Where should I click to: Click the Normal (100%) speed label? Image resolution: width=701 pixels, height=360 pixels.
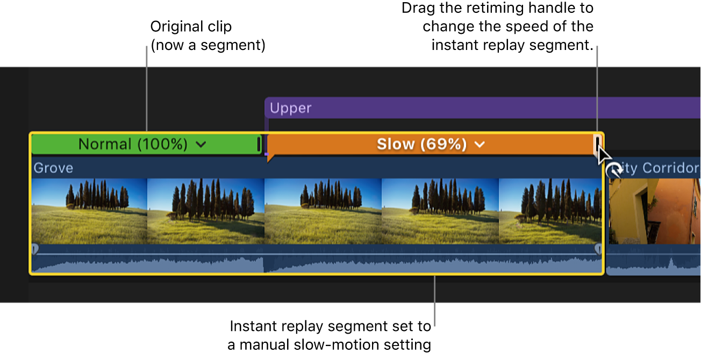(133, 144)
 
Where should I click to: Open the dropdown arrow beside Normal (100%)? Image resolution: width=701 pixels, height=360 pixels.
(201, 145)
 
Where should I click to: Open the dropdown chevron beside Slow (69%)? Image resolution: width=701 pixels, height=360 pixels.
(480, 145)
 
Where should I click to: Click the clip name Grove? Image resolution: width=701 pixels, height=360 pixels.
(53, 168)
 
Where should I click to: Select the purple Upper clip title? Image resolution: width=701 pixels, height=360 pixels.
(290, 108)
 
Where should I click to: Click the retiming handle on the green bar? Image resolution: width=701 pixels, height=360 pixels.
(259, 144)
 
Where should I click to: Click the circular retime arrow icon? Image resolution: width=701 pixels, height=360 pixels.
(613, 171)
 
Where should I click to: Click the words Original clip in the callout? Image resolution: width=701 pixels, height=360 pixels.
(191, 26)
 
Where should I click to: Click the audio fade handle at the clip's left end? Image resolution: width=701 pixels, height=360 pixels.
(35, 249)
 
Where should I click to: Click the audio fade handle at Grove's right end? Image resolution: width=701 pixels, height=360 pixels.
(598, 249)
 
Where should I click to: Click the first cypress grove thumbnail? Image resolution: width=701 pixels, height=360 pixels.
(89, 211)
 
